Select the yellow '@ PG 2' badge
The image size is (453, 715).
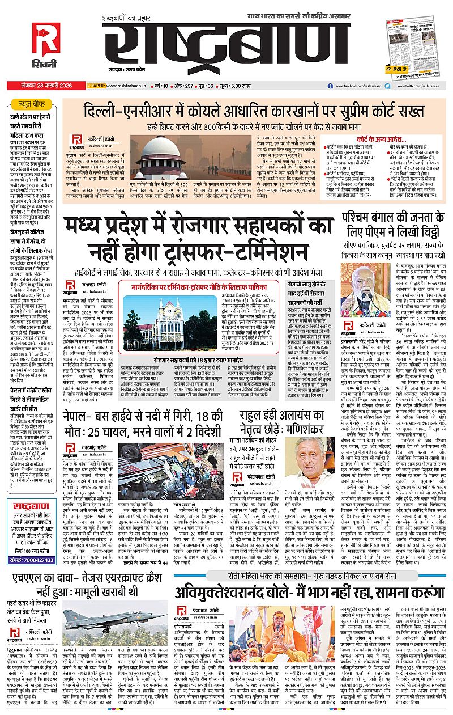[396, 69]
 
